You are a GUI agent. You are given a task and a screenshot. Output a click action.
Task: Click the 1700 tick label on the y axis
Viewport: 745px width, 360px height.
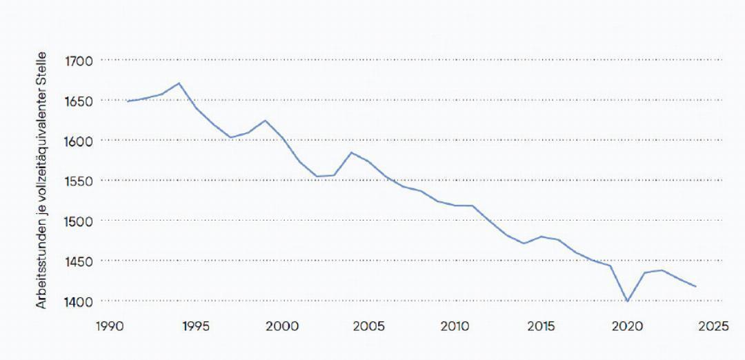(78, 61)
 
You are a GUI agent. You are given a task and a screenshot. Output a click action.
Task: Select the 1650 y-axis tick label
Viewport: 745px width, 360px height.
(78, 101)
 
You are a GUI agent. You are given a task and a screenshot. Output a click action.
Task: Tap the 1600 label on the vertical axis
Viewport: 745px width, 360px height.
(78, 141)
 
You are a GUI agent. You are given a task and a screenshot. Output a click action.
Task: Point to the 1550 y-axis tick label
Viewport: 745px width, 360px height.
(78, 181)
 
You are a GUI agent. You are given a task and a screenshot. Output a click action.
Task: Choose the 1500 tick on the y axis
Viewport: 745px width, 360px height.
(78, 221)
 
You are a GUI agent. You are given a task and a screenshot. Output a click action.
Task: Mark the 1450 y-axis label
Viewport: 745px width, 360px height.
(78, 261)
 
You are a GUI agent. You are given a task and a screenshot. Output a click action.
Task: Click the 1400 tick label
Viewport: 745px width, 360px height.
(78, 301)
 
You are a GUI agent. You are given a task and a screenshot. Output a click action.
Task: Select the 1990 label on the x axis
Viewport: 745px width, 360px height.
(110, 326)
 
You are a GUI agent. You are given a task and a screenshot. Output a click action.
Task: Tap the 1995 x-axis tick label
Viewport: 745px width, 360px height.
(196, 326)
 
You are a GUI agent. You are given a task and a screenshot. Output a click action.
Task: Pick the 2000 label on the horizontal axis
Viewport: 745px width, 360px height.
(282, 326)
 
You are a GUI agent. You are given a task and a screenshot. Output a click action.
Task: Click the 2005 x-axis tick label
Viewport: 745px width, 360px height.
(368, 326)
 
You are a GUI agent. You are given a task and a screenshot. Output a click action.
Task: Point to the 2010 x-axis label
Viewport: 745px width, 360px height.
(455, 326)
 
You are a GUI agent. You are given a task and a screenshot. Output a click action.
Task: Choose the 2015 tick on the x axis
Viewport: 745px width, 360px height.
(540, 326)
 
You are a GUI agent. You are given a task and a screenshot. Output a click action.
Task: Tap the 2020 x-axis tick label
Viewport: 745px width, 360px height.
(627, 326)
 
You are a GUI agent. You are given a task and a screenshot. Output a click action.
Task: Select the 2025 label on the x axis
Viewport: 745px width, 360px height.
(713, 326)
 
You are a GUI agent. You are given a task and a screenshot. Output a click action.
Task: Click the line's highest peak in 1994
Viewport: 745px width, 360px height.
(179, 83)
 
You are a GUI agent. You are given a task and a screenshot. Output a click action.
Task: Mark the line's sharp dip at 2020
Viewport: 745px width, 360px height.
(627, 301)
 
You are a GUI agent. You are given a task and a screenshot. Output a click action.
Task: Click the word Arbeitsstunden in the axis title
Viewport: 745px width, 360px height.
(42, 270)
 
